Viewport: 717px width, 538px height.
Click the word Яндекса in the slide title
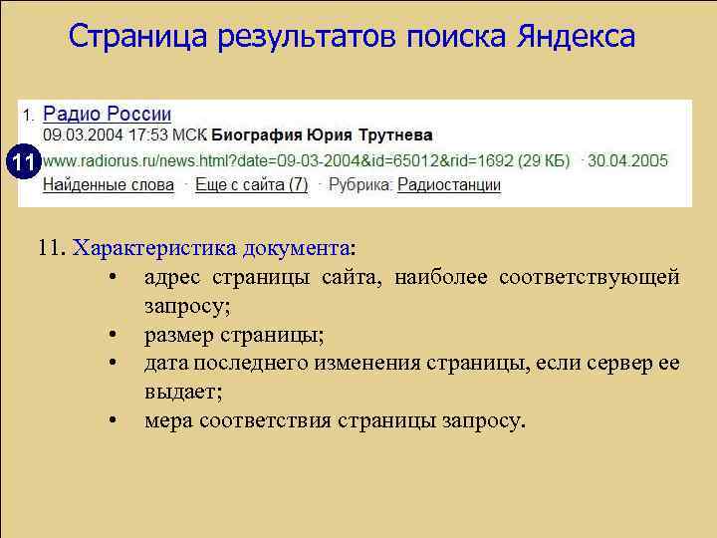[577, 37]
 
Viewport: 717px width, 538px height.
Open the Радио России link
[107, 115]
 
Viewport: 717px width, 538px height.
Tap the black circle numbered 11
[23, 159]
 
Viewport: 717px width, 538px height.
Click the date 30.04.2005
[629, 159]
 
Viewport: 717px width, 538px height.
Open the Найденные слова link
[108, 184]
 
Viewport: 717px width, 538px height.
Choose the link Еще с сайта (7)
[252, 184]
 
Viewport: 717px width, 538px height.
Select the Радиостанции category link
[449, 184]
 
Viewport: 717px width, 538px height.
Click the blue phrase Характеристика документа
[212, 248]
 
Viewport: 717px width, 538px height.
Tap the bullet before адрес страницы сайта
[117, 276]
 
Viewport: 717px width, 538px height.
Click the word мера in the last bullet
[166, 420]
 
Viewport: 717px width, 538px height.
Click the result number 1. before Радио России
[29, 115]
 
